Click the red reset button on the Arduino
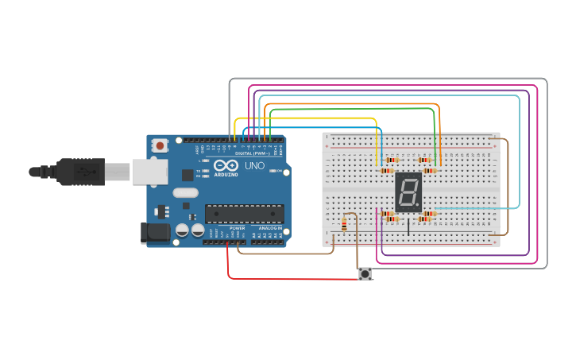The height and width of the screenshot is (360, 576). tap(160, 145)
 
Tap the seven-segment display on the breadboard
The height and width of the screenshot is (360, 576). tap(408, 192)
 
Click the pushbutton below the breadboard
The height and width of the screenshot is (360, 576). tap(365, 274)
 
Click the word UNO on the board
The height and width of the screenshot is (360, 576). tap(254, 166)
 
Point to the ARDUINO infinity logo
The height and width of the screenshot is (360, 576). tap(226, 166)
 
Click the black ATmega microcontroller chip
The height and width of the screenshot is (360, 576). tap(244, 213)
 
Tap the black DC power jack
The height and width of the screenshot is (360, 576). tap(155, 233)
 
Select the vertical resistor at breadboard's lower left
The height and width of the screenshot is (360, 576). tap(343, 225)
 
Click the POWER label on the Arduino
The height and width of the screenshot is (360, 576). tap(238, 229)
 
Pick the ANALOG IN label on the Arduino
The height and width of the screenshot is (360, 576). tap(269, 229)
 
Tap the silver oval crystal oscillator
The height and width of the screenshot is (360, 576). tap(185, 192)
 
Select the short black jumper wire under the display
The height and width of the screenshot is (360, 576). tap(409, 227)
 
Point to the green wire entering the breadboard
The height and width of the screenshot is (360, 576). tap(435, 135)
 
